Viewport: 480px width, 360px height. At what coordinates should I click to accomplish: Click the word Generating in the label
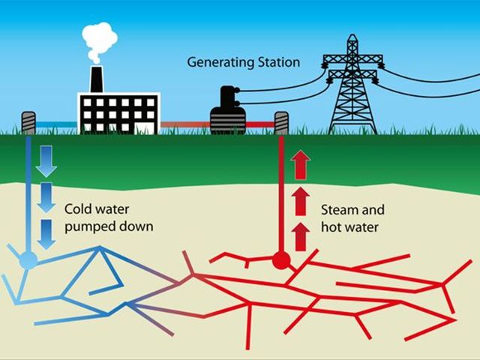click(220, 63)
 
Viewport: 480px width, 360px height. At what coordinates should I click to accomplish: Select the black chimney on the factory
click(97, 79)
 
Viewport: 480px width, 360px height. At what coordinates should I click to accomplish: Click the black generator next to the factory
click(228, 110)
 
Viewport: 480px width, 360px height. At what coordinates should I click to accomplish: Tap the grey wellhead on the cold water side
click(28, 123)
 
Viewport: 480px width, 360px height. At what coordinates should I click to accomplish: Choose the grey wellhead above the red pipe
click(281, 123)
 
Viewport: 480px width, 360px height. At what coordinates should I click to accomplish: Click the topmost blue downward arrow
click(46, 161)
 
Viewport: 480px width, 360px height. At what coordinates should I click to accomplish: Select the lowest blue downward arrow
click(46, 234)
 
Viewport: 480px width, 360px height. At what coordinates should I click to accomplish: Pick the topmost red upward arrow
click(301, 165)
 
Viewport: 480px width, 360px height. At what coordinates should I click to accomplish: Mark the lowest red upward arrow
click(301, 237)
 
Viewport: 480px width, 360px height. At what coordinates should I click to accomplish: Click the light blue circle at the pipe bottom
click(28, 260)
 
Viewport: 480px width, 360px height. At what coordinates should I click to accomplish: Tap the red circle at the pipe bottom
click(281, 261)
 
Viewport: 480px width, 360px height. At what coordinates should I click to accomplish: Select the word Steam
click(337, 210)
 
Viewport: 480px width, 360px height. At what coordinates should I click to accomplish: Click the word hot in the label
click(331, 227)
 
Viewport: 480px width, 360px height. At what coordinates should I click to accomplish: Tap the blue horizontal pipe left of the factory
click(56, 124)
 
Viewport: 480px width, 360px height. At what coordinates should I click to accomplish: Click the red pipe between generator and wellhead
click(260, 124)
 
